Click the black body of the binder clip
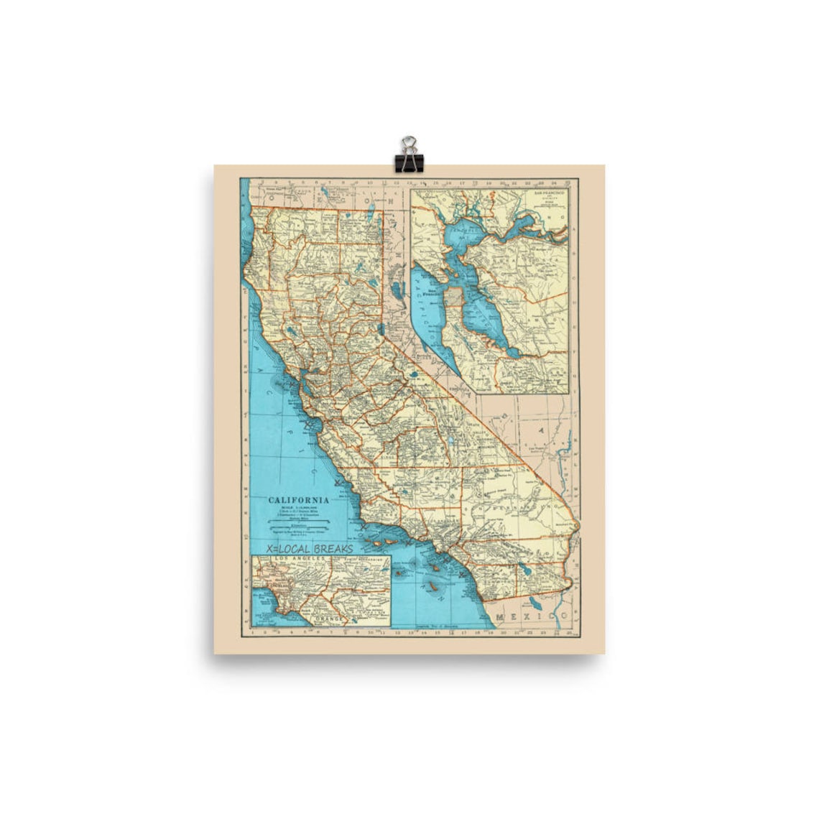pyautogui.click(x=409, y=162)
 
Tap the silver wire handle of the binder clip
pyautogui.click(x=409, y=144)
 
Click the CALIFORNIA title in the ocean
pyautogui.click(x=299, y=500)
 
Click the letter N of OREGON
pyautogui.click(x=391, y=201)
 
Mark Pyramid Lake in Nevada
pyautogui.click(x=397, y=290)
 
